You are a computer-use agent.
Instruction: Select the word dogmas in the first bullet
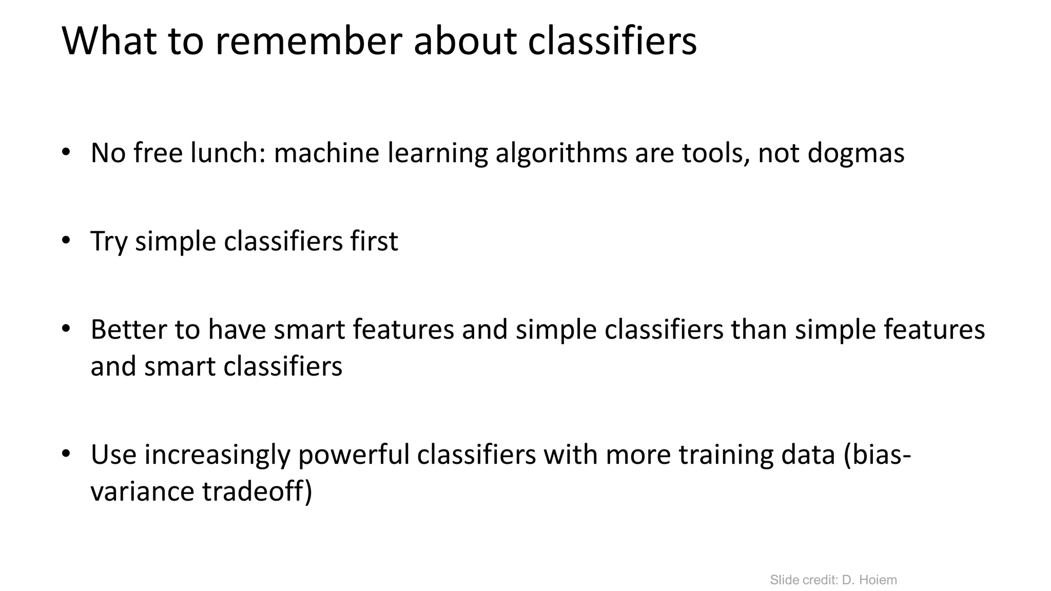pyautogui.click(x=855, y=153)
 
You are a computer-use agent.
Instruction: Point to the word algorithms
pyautogui.click(x=561, y=153)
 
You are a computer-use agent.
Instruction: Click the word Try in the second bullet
pyautogui.click(x=108, y=242)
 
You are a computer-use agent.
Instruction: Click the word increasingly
pyautogui.click(x=217, y=455)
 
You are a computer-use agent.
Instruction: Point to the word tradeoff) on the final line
pyautogui.click(x=257, y=492)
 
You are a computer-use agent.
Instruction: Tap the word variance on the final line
pyautogui.click(x=142, y=492)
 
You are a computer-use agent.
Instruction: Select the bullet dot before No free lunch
pyautogui.click(x=66, y=152)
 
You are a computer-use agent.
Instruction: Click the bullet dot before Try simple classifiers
pyautogui.click(x=66, y=241)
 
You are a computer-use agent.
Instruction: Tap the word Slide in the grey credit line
pyautogui.click(x=784, y=580)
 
